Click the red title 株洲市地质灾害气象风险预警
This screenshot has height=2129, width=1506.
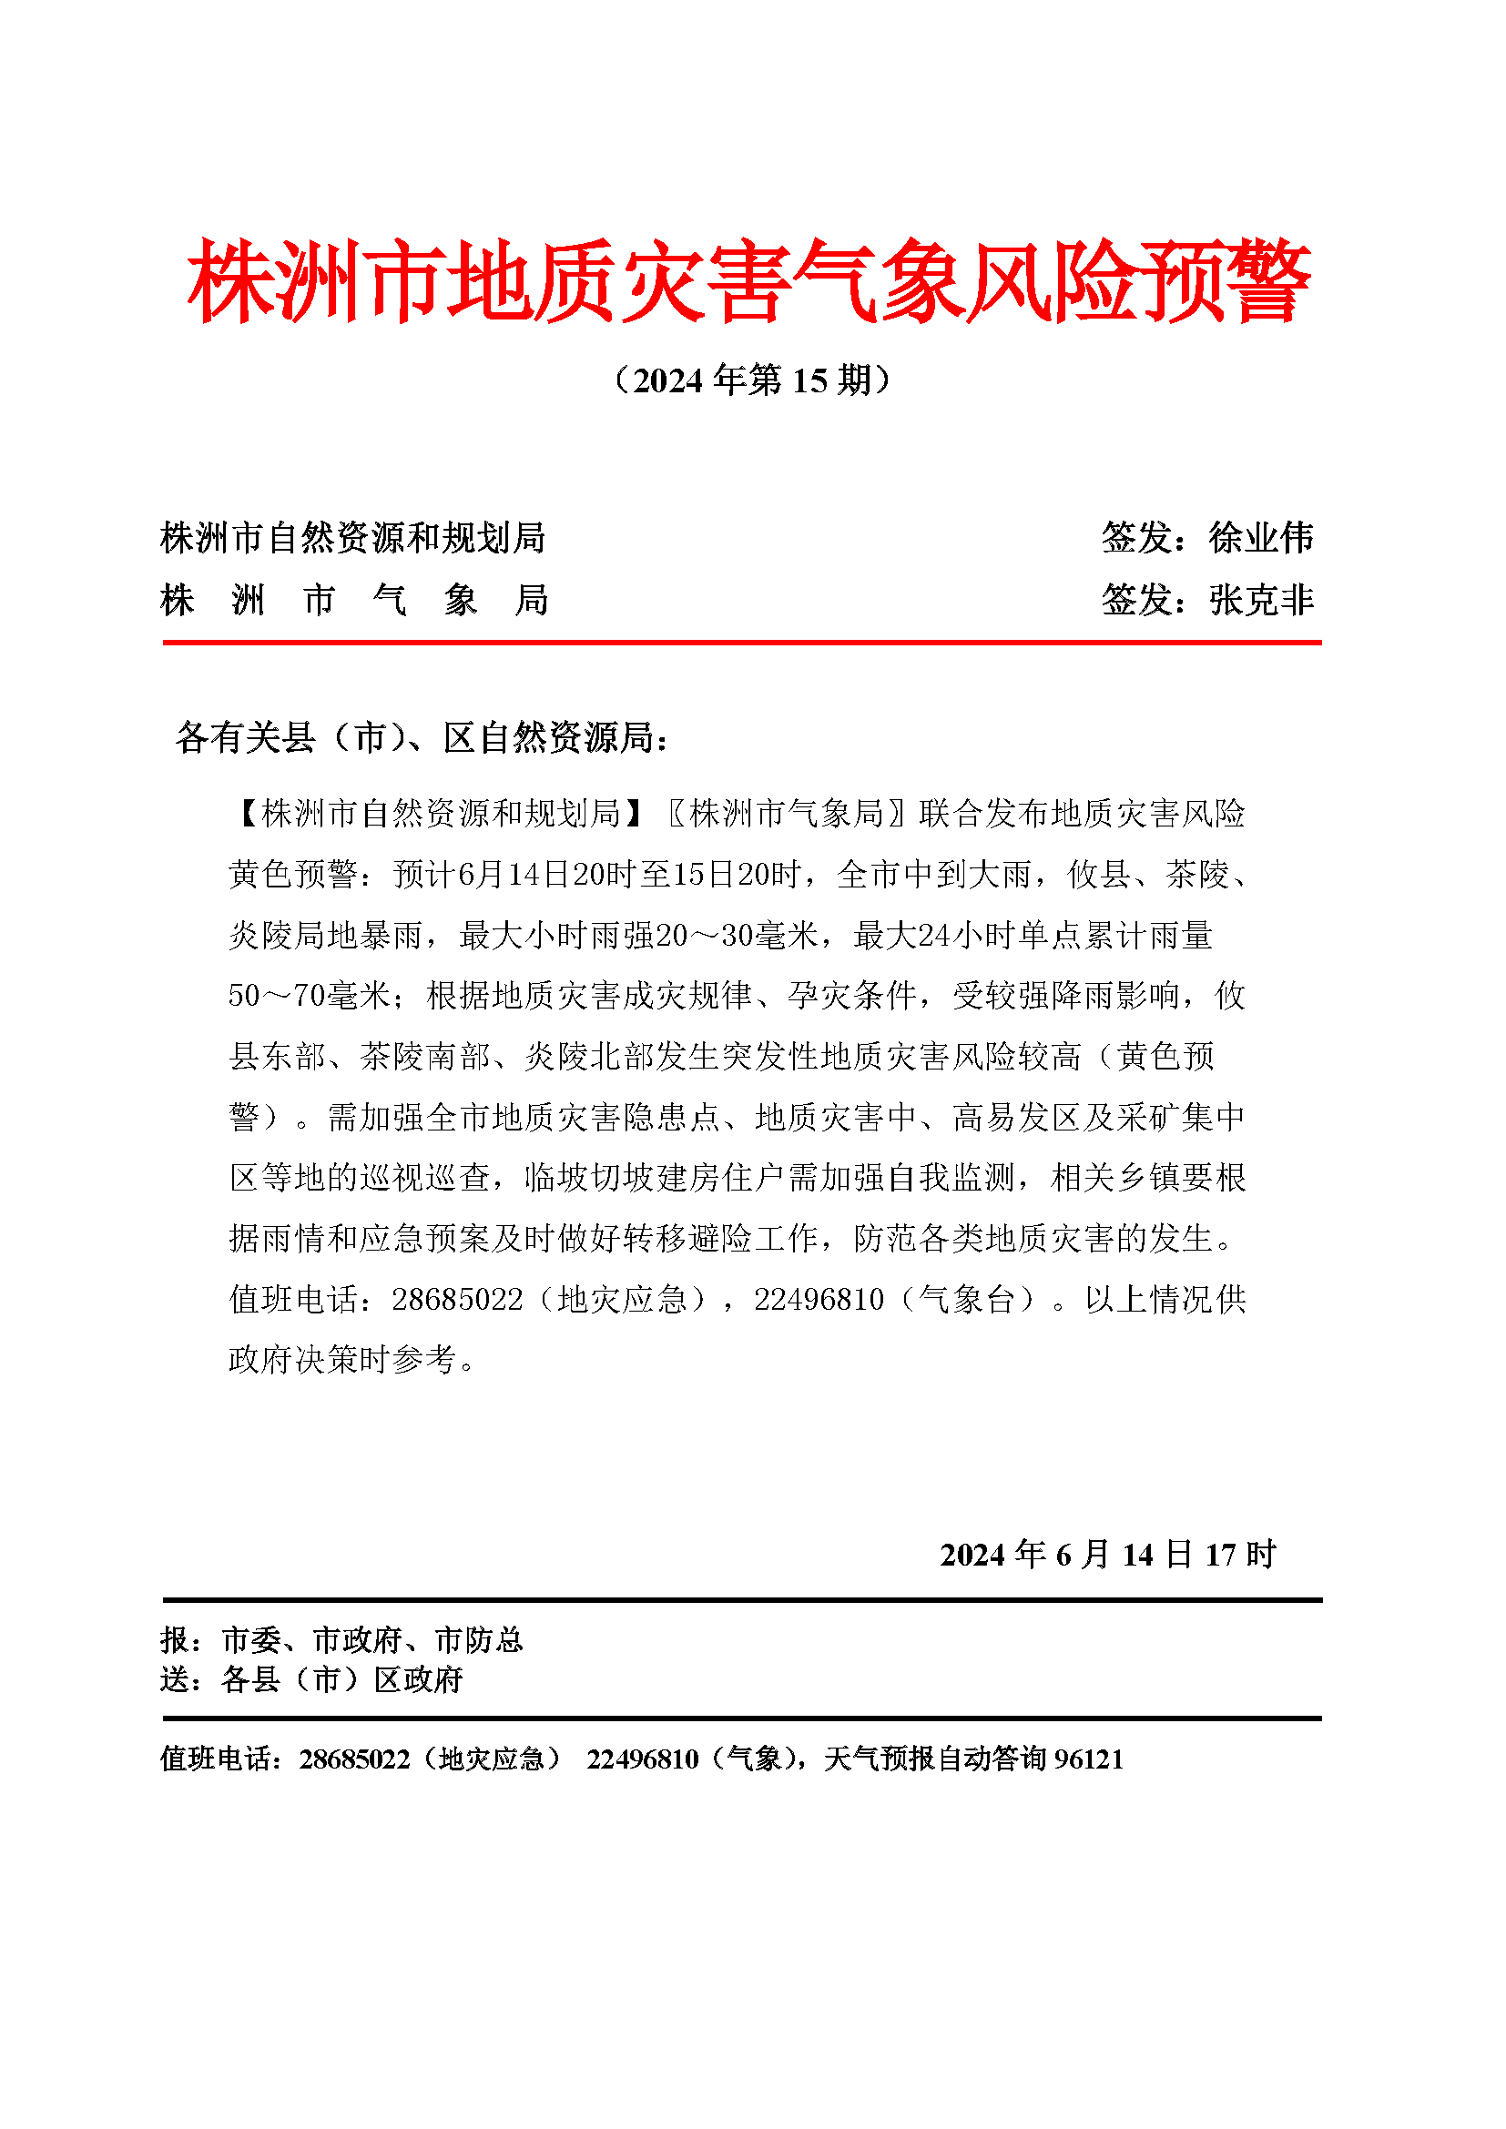coord(749,281)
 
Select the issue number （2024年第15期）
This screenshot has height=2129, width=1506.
coord(752,380)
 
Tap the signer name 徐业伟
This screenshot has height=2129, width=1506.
coord(1260,538)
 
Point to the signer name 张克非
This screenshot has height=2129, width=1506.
coord(1260,600)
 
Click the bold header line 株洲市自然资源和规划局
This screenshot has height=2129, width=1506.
coord(352,538)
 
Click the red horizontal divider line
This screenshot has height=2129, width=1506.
coord(742,642)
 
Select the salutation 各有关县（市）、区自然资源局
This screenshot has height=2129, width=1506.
coord(421,737)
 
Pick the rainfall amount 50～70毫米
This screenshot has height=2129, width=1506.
coord(310,996)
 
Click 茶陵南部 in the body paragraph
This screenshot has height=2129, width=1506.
coord(424,1056)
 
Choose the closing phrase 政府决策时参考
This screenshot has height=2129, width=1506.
coord(343,1359)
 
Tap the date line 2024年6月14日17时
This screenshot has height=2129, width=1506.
coord(1107,1555)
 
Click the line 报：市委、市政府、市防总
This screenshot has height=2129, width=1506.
coord(341,1640)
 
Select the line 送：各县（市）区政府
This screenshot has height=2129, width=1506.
coord(311,1679)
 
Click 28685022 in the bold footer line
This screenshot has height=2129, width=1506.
coord(354,1759)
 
